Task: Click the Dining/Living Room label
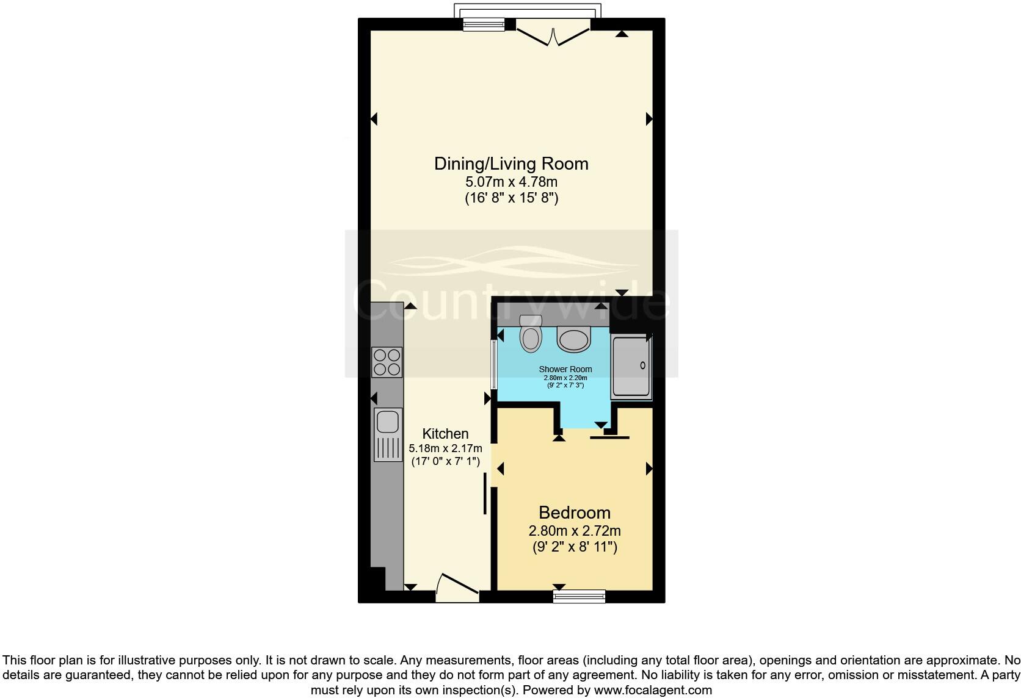point(511,164)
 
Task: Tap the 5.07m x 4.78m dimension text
point(511,182)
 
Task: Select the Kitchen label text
point(446,434)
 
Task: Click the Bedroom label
point(574,513)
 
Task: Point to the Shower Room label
point(565,369)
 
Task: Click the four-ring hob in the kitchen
point(387,362)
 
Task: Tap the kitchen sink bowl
point(387,422)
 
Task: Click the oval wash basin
point(574,339)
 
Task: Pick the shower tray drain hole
point(642,365)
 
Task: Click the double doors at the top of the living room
point(553,34)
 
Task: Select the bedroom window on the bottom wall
point(579,596)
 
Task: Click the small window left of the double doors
point(484,24)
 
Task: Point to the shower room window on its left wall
point(493,364)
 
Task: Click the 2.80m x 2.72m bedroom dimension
point(574,531)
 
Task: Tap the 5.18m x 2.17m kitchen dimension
point(445,448)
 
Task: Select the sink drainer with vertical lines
point(387,450)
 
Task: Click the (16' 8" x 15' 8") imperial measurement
point(511,198)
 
